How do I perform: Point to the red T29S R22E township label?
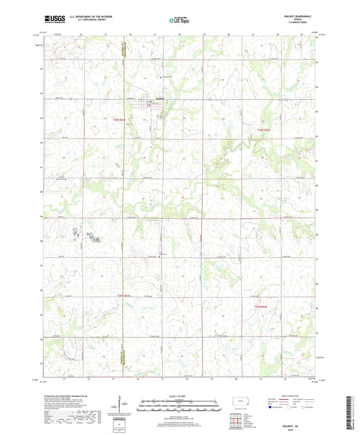pos(265,307)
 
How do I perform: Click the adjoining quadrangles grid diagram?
pos(236,421)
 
